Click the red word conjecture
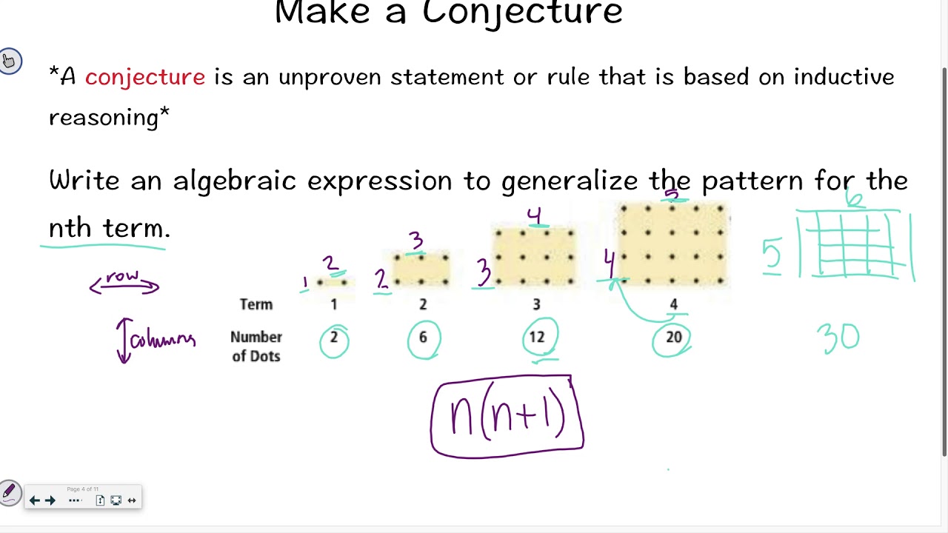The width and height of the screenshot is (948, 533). coord(145,77)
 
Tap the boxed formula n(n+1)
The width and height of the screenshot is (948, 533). coord(507,416)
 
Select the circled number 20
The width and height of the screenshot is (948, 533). coord(672,338)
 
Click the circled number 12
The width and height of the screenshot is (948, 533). coord(536,338)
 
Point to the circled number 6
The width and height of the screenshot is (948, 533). coord(423,338)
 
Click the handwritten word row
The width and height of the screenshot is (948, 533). coord(123,277)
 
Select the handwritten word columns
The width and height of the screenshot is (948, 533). coord(163,340)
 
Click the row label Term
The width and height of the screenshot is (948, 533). coord(256,304)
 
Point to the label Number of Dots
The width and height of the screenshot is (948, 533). coord(256,346)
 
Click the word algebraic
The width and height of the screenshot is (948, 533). coord(238,181)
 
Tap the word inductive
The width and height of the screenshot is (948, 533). coord(844,77)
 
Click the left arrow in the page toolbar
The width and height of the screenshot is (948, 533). coord(35,500)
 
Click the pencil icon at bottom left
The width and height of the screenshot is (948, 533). coord(10,492)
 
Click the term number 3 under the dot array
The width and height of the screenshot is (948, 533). coord(536,304)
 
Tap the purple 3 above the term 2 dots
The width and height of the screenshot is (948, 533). coord(416,241)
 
